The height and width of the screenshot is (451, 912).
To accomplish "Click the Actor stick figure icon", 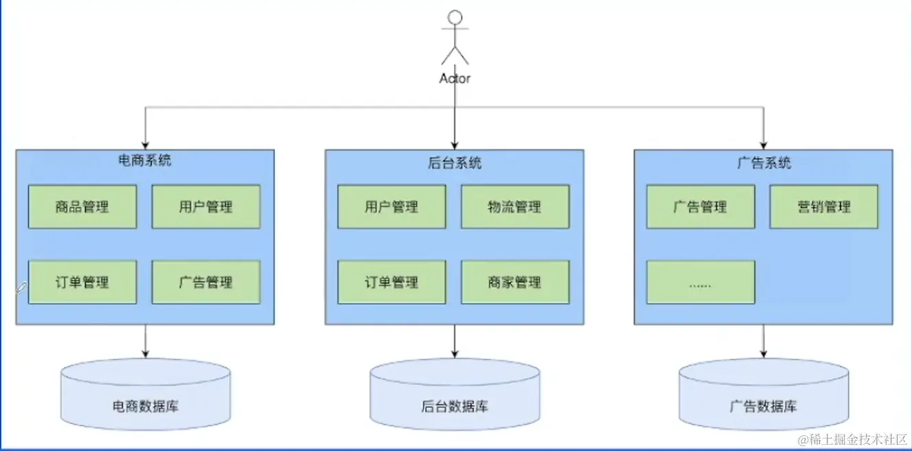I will coord(455,38).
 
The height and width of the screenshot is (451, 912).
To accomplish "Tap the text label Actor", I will coord(455,78).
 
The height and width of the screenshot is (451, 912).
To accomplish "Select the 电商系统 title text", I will coord(145,161).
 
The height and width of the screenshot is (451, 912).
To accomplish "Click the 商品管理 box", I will coord(83,207).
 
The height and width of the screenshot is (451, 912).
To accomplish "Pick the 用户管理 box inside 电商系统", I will coord(206,207).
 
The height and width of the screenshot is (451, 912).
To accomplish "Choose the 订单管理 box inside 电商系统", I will coord(83,282).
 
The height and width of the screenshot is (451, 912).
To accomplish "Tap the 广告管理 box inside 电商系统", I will coord(206,282).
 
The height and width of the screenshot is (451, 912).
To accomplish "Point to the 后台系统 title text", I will coord(455,162).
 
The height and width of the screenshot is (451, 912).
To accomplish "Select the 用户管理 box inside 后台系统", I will coord(391,207).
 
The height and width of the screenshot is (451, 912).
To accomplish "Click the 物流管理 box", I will coord(515,207).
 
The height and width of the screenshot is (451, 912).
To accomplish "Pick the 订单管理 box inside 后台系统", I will coord(391,282).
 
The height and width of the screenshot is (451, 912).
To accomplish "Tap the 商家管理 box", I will coord(515,282).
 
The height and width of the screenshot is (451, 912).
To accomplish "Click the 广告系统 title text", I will coord(763,162).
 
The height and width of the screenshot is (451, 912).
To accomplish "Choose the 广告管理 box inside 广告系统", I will coord(700,207).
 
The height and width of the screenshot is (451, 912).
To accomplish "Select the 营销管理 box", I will coord(824,207).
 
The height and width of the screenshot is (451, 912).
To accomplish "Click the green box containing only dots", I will coord(700,282).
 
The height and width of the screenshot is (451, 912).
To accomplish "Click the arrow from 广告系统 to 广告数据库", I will coord(763,340).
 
